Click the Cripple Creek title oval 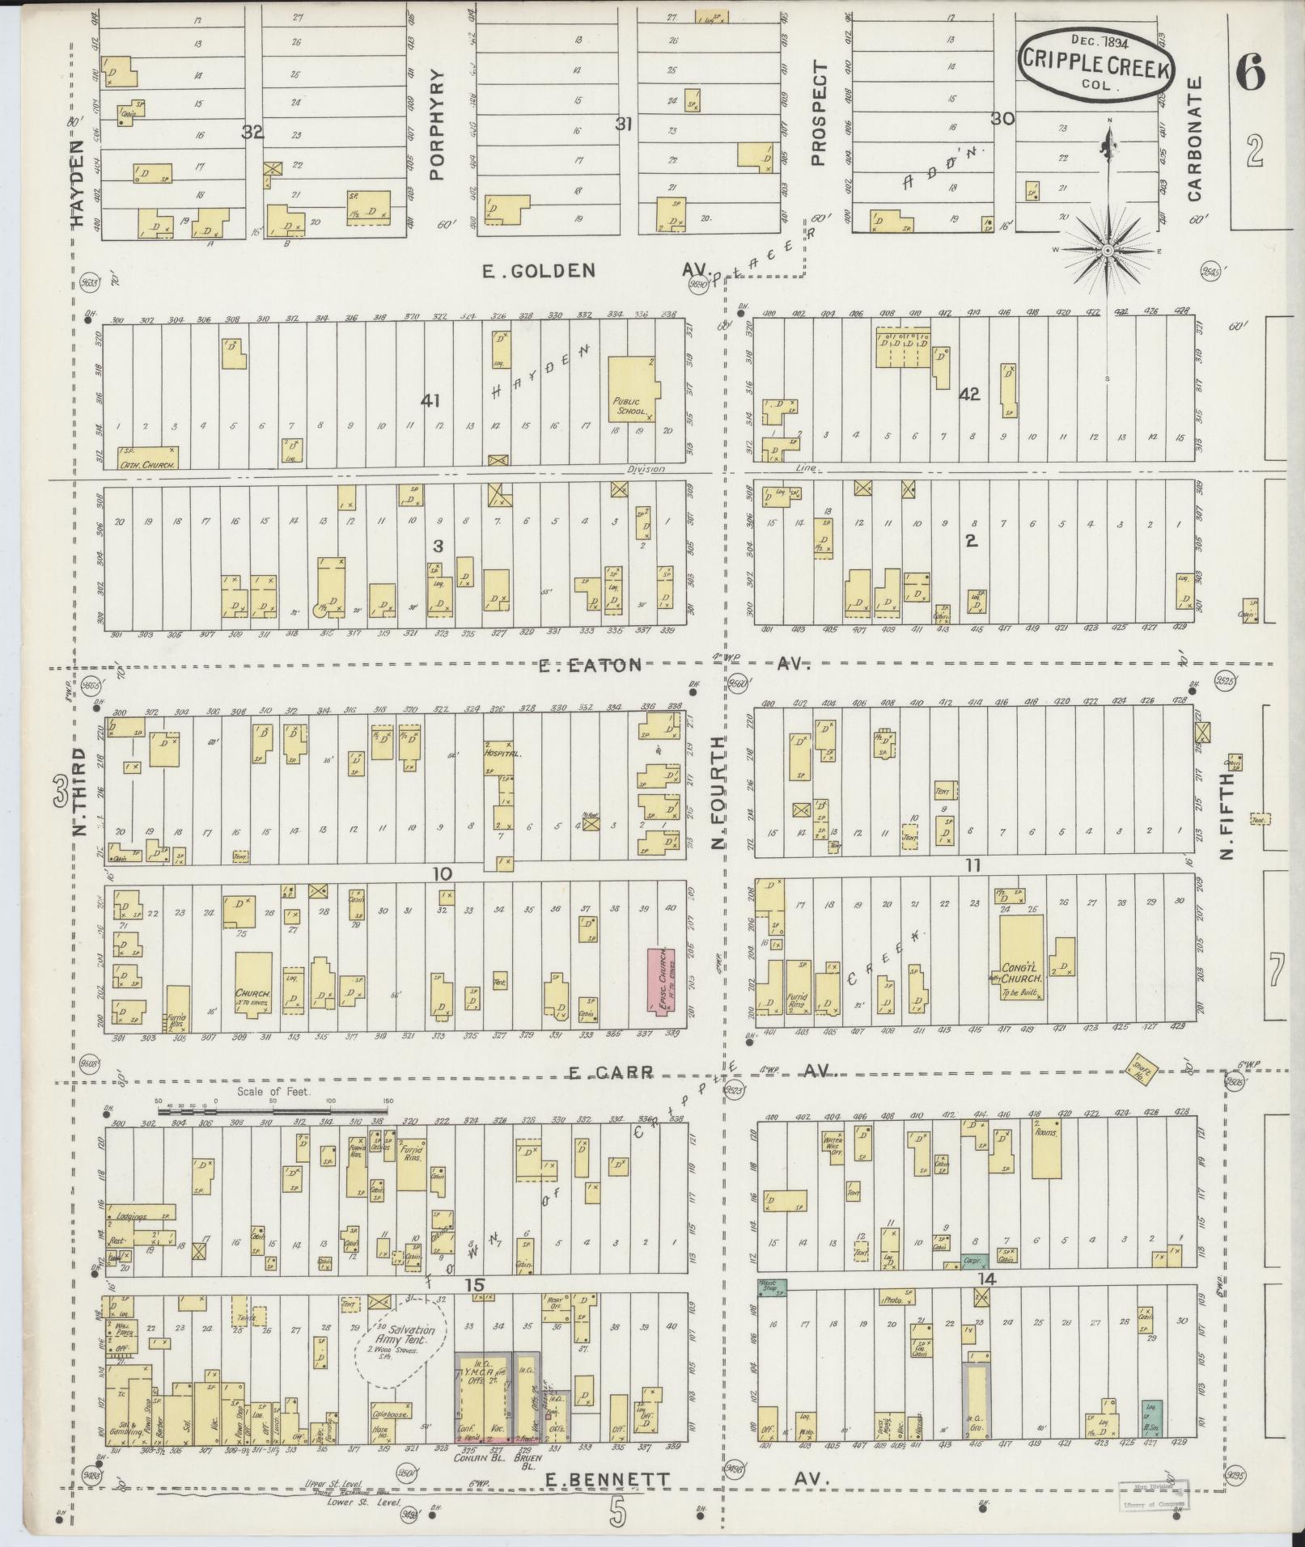pyautogui.click(x=1098, y=67)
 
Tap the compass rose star pyautogui.click(x=1108, y=251)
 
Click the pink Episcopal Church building pyautogui.click(x=661, y=979)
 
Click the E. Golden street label pyautogui.click(x=538, y=271)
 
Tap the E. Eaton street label pyautogui.click(x=592, y=665)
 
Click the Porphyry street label pyautogui.click(x=438, y=123)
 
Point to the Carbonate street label pyautogui.click(x=1196, y=139)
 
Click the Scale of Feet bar pyautogui.click(x=273, y=1112)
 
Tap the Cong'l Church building pyautogui.click(x=1021, y=957)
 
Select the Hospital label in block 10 pyautogui.click(x=504, y=752)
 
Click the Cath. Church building pyautogui.click(x=149, y=457)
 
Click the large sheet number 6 pyautogui.click(x=1250, y=75)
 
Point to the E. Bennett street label pyautogui.click(x=608, y=1480)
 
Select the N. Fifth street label pyautogui.click(x=1228, y=815)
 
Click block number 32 pyautogui.click(x=252, y=133)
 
